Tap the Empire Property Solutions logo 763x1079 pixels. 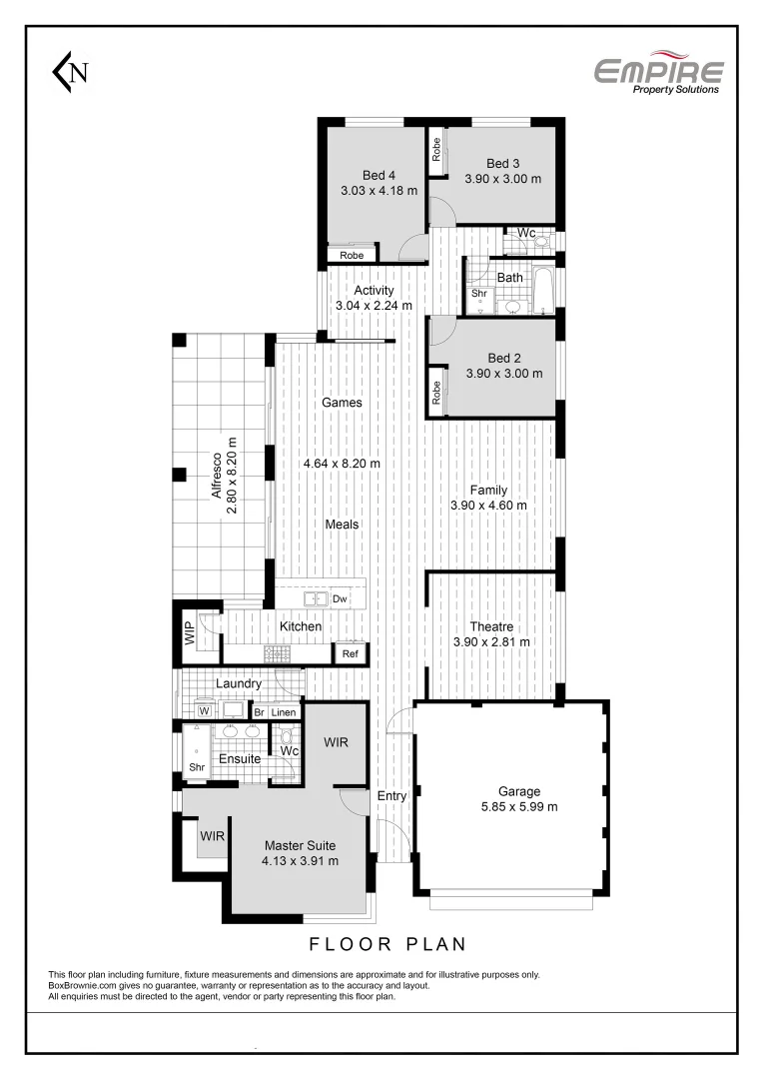tap(658, 74)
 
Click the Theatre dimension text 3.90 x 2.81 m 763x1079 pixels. tap(490, 642)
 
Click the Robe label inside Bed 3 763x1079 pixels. tap(436, 150)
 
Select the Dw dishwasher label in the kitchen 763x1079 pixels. tap(340, 599)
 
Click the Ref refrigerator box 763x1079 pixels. tap(350, 654)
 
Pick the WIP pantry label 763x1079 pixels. tap(189, 633)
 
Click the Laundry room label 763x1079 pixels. tap(239, 684)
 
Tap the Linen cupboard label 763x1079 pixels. tap(284, 712)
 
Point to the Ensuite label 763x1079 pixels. tap(240, 759)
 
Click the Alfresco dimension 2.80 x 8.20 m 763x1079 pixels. tap(232, 476)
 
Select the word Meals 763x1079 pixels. tap(342, 525)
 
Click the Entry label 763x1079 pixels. tap(392, 796)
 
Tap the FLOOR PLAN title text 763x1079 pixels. tap(388, 943)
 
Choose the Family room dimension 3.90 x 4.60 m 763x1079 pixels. tap(489, 506)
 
